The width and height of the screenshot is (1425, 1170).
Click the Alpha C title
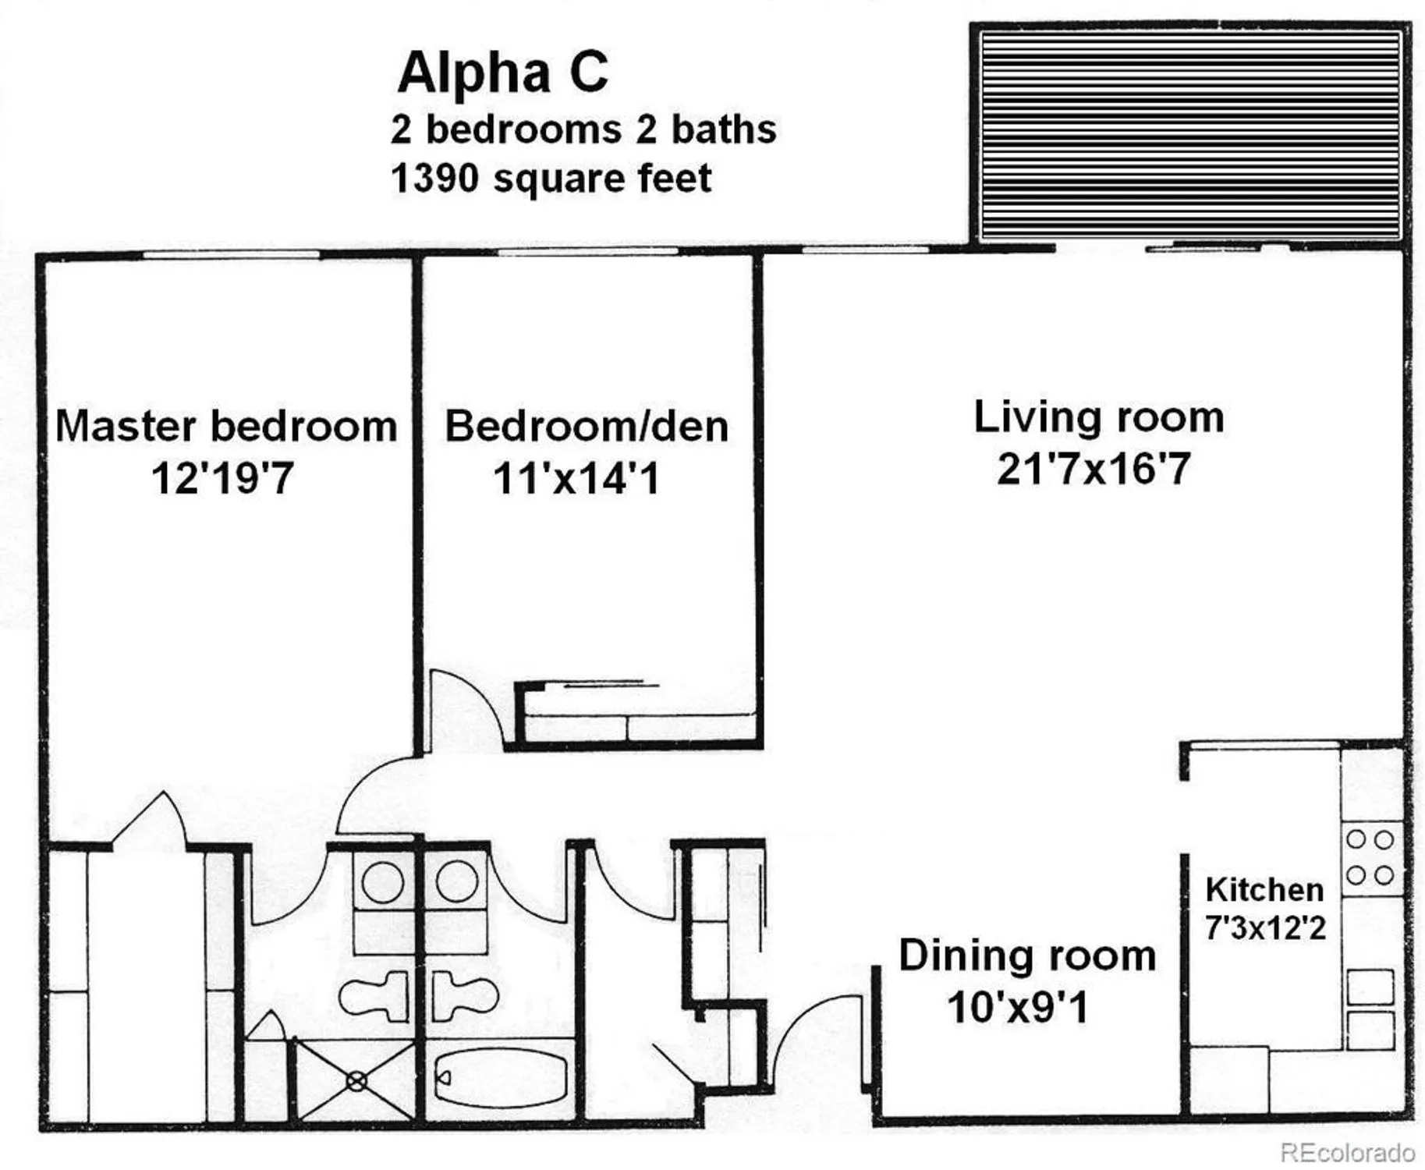[x=502, y=72]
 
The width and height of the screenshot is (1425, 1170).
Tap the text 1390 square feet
[x=551, y=179]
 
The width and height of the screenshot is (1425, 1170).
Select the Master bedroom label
[x=226, y=427]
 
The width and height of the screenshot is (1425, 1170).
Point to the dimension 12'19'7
[x=222, y=477]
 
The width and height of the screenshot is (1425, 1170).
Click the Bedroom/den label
[x=587, y=427]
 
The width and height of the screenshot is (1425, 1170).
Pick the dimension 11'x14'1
[x=576, y=477]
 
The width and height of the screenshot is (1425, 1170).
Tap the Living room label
[x=1098, y=417]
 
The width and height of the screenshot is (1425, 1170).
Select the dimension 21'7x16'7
[x=1094, y=469]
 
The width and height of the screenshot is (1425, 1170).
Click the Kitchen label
[x=1264, y=889]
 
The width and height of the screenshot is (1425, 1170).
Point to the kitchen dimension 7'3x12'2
[x=1265, y=928]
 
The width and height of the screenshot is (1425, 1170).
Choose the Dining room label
[x=1026, y=955]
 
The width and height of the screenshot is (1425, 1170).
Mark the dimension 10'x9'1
[x=1017, y=1007]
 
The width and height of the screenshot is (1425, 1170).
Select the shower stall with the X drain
[x=356, y=1081]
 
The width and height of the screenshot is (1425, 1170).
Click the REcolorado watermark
[x=1348, y=1152]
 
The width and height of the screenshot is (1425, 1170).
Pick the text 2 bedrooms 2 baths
[x=583, y=129]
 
